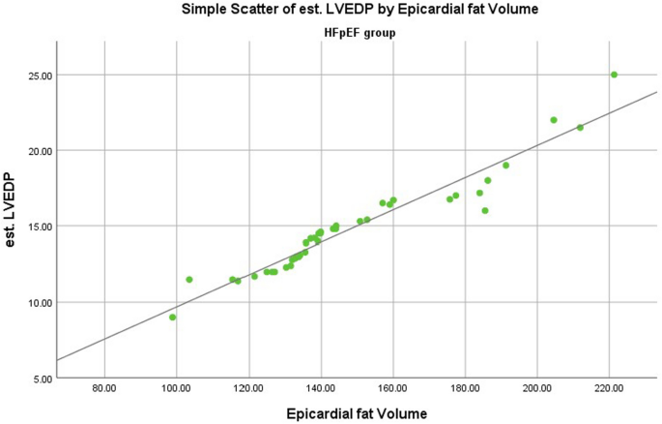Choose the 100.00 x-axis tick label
tap(176, 389)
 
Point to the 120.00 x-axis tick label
tap(248, 389)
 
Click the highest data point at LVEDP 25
tap(614, 75)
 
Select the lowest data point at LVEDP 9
tap(173, 317)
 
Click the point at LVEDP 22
tap(554, 120)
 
